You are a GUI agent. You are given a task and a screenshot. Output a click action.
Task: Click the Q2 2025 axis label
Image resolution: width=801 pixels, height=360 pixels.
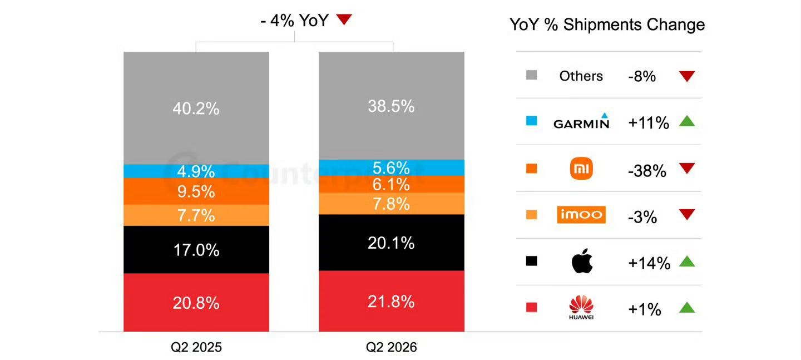tap(196, 347)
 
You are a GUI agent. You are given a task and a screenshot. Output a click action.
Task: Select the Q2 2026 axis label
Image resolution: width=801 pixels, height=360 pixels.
tap(391, 347)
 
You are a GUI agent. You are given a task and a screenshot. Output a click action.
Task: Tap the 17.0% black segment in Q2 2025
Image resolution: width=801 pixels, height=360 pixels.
tap(196, 249)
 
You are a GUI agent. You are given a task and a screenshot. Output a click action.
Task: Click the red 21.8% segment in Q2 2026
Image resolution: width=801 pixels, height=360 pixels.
tap(392, 301)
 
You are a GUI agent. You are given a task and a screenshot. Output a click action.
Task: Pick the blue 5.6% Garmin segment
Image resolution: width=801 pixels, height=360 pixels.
tap(392, 167)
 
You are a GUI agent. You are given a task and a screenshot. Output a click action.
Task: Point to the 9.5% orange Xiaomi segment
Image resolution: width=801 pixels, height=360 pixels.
tap(196, 191)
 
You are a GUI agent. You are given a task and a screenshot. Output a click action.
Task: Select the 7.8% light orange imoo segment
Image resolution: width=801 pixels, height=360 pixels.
tap(392, 204)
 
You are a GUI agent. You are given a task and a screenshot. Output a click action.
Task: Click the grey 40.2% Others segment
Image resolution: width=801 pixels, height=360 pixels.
tap(196, 108)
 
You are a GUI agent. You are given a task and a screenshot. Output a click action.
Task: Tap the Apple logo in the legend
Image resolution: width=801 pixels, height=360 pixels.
tap(582, 261)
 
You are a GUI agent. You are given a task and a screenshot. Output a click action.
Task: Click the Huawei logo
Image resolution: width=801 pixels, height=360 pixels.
tap(581, 307)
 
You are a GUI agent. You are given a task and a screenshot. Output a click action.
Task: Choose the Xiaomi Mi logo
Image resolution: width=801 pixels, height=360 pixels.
tap(581, 168)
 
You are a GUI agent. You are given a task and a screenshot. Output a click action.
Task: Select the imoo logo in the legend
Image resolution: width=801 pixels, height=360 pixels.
tap(581, 214)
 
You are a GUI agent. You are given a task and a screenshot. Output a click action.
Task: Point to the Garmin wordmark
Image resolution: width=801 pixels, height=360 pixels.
tap(581, 121)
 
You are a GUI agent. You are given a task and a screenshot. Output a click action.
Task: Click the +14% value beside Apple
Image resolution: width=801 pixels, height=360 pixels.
tap(649, 263)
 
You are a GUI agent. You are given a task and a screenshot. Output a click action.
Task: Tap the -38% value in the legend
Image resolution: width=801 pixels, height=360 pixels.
tap(647, 171)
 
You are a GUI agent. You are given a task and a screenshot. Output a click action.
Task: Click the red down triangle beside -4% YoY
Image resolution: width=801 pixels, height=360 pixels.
tap(344, 19)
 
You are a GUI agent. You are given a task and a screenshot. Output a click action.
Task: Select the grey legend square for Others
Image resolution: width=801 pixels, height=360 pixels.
tap(531, 75)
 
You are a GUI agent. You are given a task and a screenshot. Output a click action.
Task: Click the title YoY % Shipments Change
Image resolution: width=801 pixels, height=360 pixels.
tap(607, 24)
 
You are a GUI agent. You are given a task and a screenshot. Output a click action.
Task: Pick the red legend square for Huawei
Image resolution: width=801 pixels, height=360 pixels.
tap(531, 307)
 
